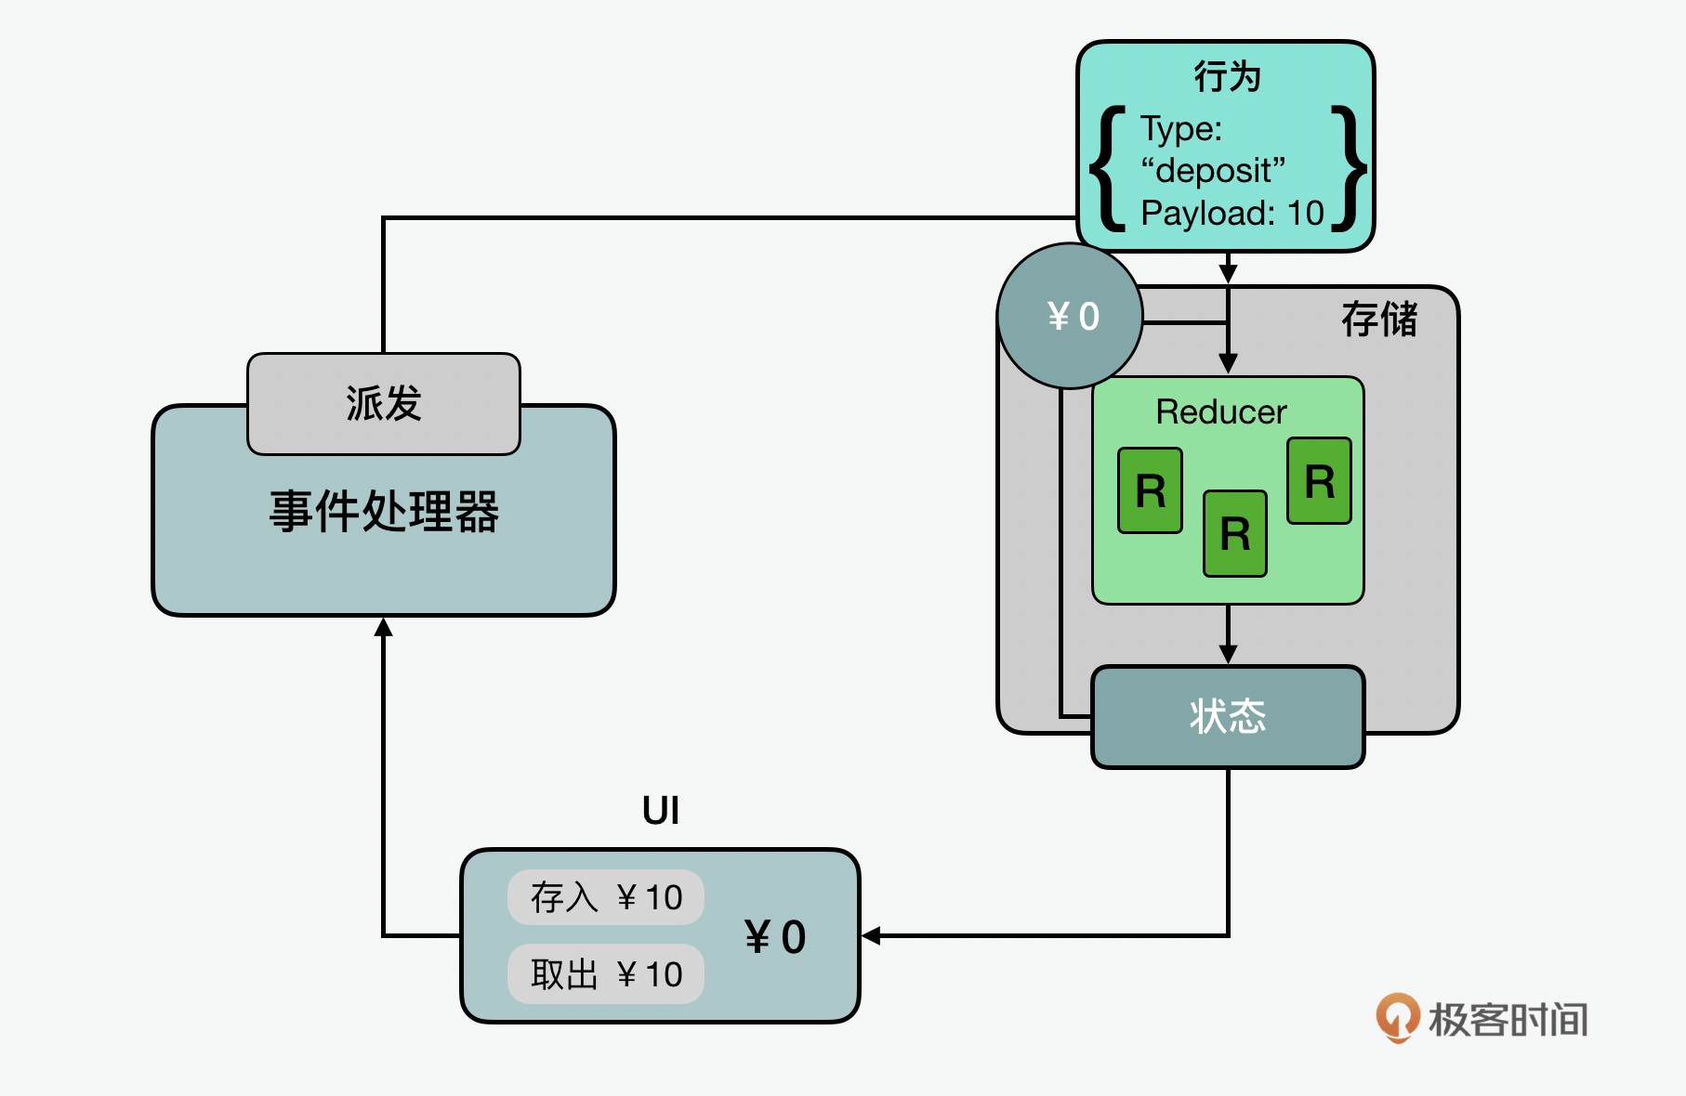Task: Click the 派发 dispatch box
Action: [x=383, y=404]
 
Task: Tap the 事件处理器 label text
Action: [x=384, y=511]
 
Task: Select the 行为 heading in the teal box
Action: [x=1227, y=76]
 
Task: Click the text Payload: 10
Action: [x=1232, y=214]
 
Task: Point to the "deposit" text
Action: [x=1213, y=171]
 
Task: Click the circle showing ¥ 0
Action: [x=1070, y=316]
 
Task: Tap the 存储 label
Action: [x=1379, y=320]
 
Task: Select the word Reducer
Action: [x=1221, y=411]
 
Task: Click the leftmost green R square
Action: [x=1150, y=490]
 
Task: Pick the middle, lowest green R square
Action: [x=1234, y=534]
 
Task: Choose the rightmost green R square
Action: [x=1319, y=481]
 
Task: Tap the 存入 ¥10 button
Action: [x=606, y=897]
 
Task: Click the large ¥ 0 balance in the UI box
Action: [x=775, y=936]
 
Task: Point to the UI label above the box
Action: [x=661, y=811]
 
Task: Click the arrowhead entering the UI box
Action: [x=870, y=935]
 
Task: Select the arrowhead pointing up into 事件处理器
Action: [x=383, y=628]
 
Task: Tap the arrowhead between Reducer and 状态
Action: [x=1228, y=655]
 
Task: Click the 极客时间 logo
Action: [x=1482, y=1018]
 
